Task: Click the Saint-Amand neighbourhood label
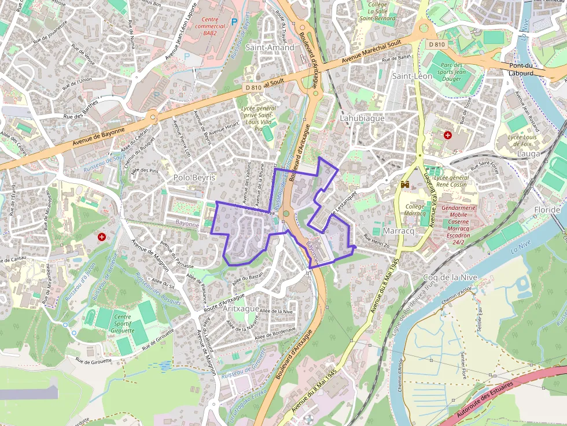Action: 270,47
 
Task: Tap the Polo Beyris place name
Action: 194,177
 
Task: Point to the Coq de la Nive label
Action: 450,277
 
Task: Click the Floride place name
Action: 547,209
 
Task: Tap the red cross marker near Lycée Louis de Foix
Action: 447,135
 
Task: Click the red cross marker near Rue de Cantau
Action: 102,237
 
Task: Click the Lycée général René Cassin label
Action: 451,180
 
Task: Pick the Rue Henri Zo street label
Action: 376,240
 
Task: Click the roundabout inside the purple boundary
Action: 285,214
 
